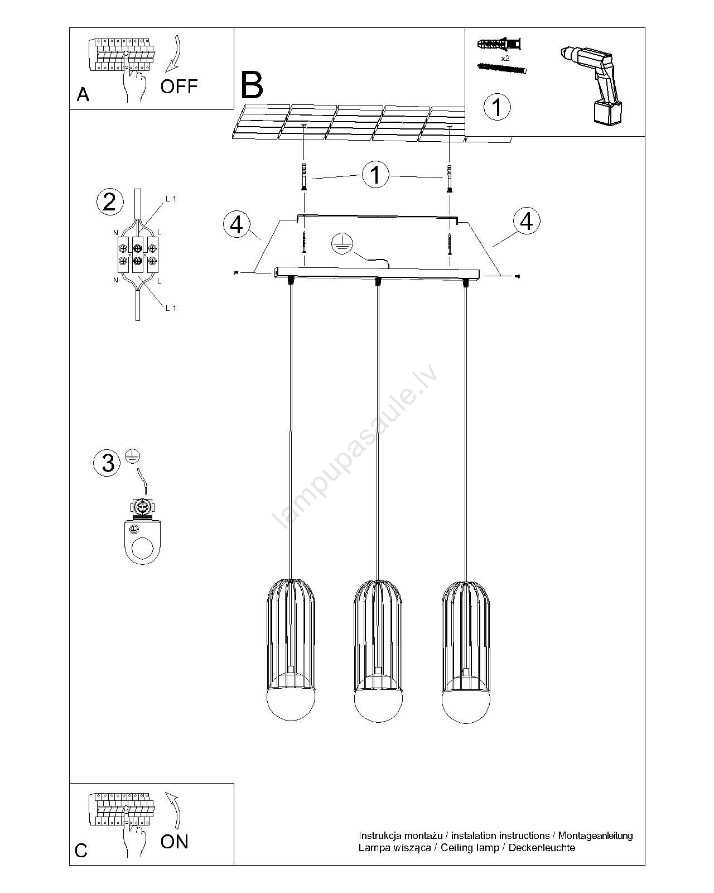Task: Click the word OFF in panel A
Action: [x=178, y=86]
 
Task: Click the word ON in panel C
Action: [x=174, y=842]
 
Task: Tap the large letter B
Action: [x=252, y=85]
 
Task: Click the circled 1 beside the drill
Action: [x=497, y=106]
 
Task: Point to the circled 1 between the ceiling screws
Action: [x=375, y=174]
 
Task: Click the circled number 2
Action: [x=109, y=201]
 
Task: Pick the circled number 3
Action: [x=108, y=463]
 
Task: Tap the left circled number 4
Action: [x=237, y=225]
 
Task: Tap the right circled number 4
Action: [x=526, y=221]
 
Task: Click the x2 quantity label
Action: [x=505, y=58]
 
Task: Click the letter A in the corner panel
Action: [x=83, y=95]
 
